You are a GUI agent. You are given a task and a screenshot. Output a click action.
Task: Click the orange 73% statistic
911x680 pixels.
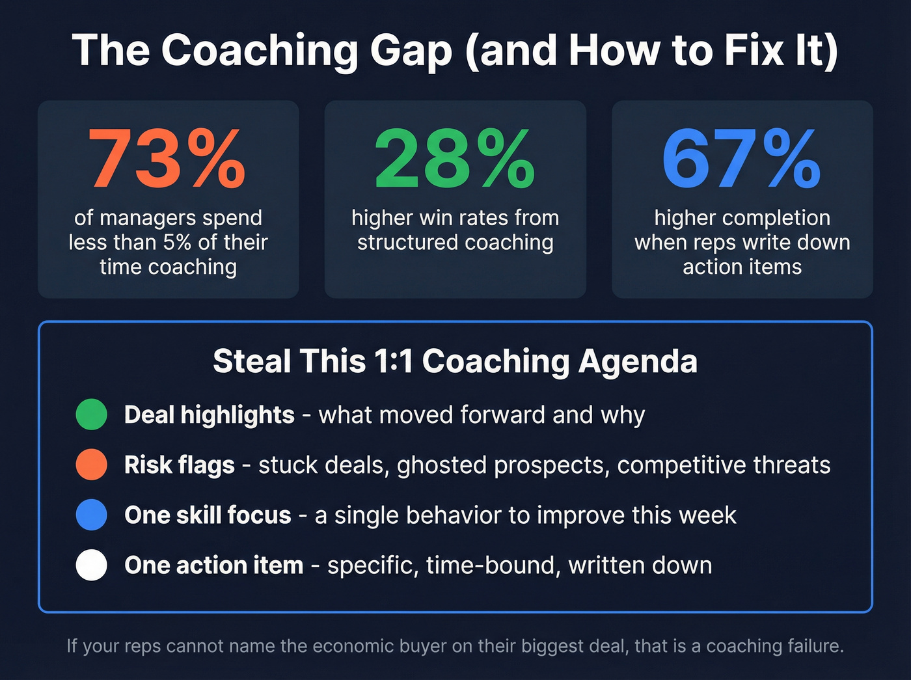point(167,159)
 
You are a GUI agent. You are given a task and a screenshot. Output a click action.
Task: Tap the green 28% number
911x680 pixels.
point(455,159)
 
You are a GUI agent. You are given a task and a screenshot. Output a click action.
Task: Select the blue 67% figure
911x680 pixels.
point(742,159)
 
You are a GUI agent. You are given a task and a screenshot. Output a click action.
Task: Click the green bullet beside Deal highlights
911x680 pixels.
point(91,415)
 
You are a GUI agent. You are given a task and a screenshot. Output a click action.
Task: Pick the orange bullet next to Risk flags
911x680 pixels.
point(91,465)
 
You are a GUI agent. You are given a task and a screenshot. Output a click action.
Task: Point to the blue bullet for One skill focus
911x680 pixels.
point(91,515)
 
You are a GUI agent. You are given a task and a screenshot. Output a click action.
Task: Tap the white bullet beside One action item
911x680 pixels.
point(91,565)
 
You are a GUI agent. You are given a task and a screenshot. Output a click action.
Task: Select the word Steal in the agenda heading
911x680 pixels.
point(251,361)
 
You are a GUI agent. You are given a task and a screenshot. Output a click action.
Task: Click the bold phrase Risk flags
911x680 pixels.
point(179,465)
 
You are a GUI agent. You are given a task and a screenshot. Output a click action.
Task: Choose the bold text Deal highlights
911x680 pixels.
point(209,415)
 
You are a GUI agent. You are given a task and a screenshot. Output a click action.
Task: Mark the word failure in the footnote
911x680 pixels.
point(813,646)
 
